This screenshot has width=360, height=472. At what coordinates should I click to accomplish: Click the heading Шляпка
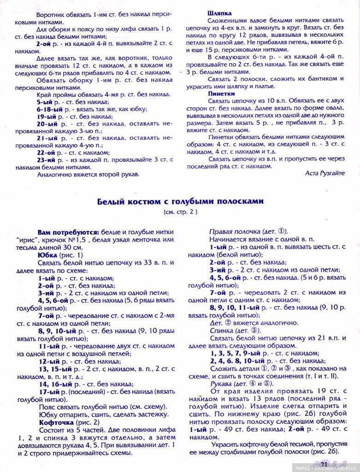tap(219, 14)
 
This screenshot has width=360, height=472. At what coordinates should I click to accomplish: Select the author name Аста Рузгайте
tap(325, 172)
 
